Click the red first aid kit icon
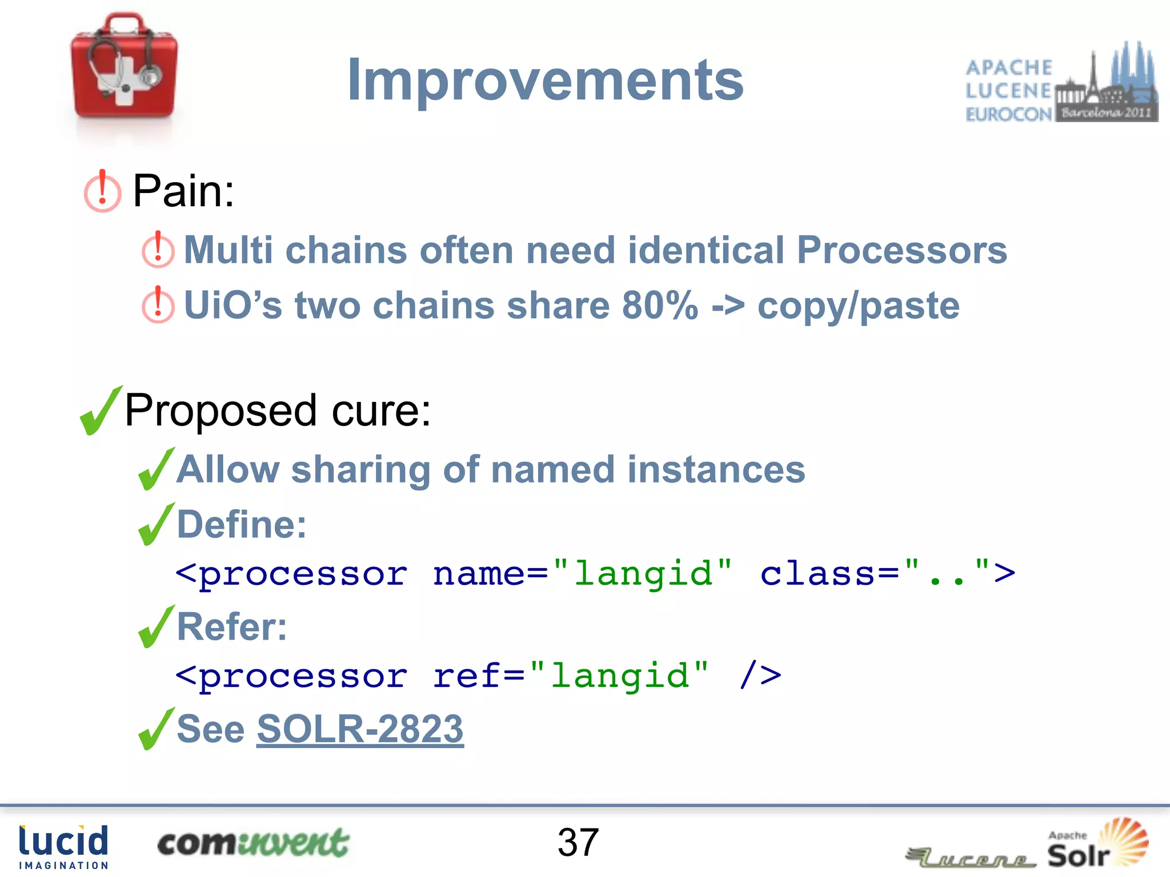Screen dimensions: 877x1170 124,67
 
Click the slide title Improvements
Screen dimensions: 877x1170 545,81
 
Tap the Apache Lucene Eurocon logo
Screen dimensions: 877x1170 1061,83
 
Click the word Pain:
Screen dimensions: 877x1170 183,191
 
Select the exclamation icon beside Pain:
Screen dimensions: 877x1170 102,192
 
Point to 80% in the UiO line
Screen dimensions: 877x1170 660,305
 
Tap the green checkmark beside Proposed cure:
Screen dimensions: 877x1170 101,411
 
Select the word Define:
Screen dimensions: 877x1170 242,525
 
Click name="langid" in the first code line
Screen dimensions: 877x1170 582,574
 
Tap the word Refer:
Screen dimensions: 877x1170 232,627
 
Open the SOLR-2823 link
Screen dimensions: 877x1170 360,729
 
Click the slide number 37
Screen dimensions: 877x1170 578,843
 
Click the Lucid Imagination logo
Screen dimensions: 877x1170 63,847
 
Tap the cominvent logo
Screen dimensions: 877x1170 253,843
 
